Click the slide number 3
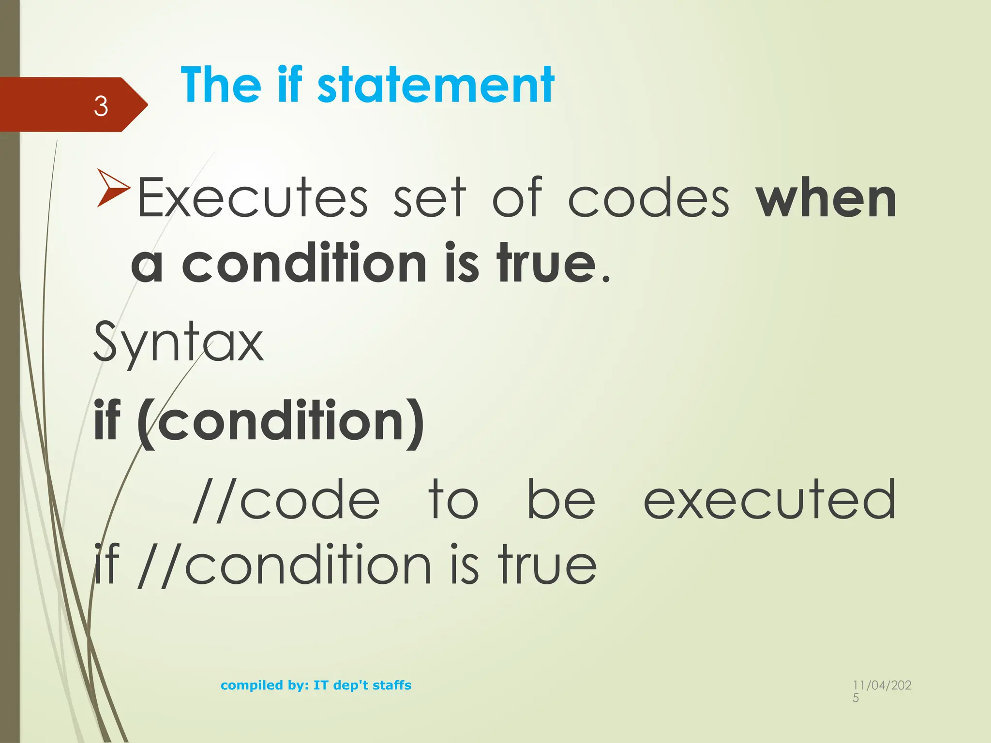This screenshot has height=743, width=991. coord(101,106)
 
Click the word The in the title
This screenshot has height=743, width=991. coord(221,86)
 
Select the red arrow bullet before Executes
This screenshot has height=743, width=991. coord(113,188)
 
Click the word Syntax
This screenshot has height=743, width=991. coord(178,342)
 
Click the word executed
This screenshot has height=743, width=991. coord(769,500)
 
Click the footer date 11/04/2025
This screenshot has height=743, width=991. coord(882,691)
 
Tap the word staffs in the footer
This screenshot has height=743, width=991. coord(392,685)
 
